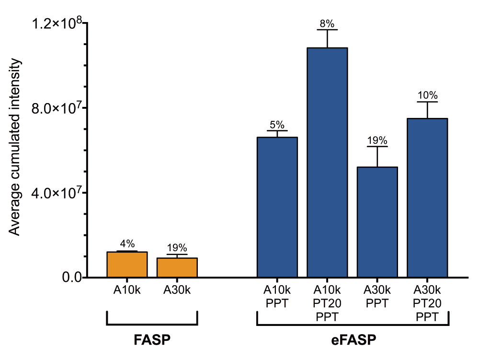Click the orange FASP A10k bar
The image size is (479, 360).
pyautogui.click(x=127, y=265)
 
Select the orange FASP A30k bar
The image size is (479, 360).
pyautogui.click(x=177, y=267)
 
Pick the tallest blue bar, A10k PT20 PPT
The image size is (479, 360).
pyautogui.click(x=328, y=163)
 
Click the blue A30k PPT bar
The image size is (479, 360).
pyautogui.click(x=377, y=222)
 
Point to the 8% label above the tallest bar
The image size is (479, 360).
pyautogui.click(x=328, y=23)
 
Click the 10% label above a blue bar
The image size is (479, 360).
pyautogui.click(x=427, y=95)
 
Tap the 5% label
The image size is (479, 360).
pyautogui.click(x=277, y=124)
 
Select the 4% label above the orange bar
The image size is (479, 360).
pyautogui.click(x=127, y=244)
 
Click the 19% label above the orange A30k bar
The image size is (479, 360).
pyautogui.click(x=177, y=247)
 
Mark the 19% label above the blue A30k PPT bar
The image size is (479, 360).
pyautogui.click(x=377, y=140)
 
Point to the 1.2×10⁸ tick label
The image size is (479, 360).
pyautogui.click(x=57, y=23)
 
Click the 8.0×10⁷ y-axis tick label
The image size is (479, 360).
pyautogui.click(x=57, y=108)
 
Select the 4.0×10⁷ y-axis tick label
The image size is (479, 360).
pyautogui.click(x=57, y=193)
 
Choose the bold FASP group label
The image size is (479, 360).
pyautogui.click(x=152, y=340)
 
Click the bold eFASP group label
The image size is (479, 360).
pyautogui.click(x=354, y=340)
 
